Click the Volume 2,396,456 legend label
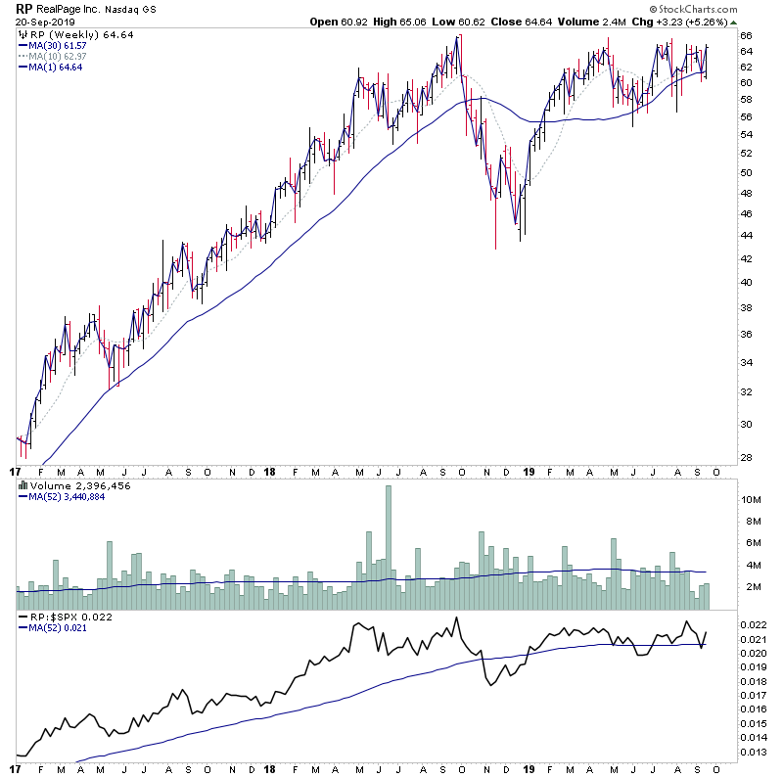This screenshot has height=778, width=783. point(67,485)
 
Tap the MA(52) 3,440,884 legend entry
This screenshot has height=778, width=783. point(68,496)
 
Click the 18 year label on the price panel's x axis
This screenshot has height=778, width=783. point(269,471)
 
